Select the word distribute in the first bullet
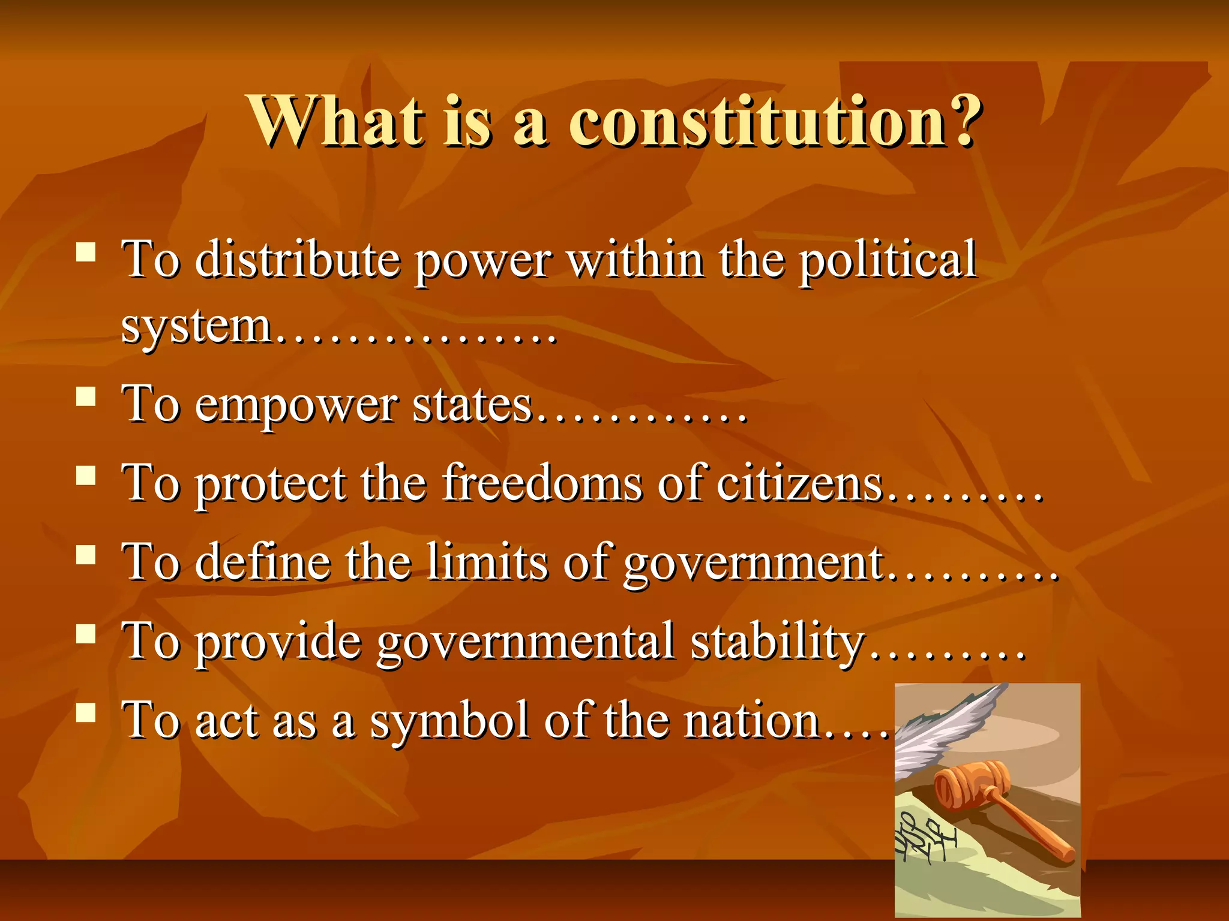click(298, 259)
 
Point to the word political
click(888, 259)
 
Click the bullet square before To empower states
click(86, 397)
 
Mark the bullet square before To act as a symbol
click(86, 712)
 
